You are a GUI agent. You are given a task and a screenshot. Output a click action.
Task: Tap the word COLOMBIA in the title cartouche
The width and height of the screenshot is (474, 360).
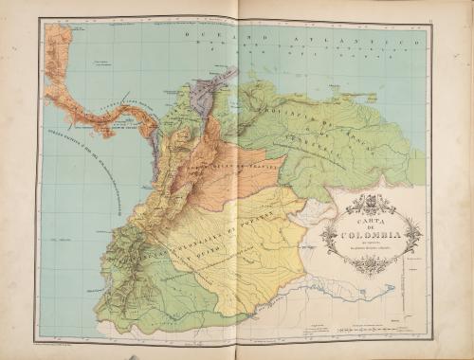[373, 235]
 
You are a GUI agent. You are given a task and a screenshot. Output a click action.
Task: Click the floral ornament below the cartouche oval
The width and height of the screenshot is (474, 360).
[373, 267]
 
